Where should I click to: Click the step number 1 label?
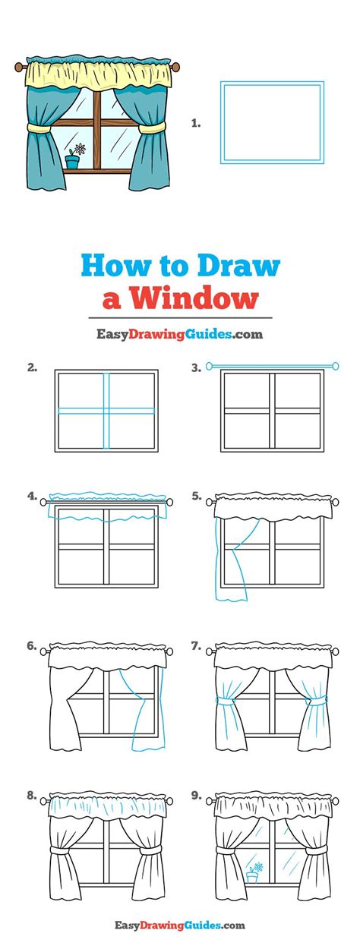tap(196, 122)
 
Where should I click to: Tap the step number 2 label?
tap(32, 367)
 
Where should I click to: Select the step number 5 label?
tap(197, 497)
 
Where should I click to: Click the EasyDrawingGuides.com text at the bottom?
tap(179, 925)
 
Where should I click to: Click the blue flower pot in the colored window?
tap(73, 162)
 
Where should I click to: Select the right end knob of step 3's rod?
tap(334, 367)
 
